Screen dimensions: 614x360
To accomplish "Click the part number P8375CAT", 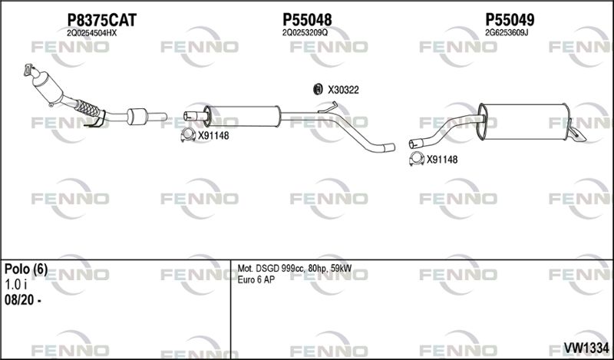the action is [x=102, y=20].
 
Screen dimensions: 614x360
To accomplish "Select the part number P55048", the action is [x=307, y=20].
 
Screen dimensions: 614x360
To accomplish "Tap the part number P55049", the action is [x=510, y=19].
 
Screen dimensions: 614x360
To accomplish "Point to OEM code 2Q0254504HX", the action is [x=91, y=33].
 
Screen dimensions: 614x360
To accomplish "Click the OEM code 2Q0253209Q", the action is [x=305, y=33].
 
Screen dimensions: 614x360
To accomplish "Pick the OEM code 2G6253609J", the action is [x=507, y=33].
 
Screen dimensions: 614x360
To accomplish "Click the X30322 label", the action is [x=343, y=90].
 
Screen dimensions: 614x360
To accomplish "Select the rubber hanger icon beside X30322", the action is [x=318, y=89].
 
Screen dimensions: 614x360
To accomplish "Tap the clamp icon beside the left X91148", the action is [x=188, y=135].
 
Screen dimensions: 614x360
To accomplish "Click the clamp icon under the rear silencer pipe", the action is [x=417, y=159].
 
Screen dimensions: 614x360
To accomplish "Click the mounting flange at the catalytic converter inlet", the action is [x=28, y=70].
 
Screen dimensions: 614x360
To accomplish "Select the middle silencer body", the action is [x=242, y=116].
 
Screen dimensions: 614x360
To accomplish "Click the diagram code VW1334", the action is [x=586, y=347].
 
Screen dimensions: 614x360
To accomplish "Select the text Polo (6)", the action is [x=26, y=269].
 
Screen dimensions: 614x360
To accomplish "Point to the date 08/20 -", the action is [x=23, y=300].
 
